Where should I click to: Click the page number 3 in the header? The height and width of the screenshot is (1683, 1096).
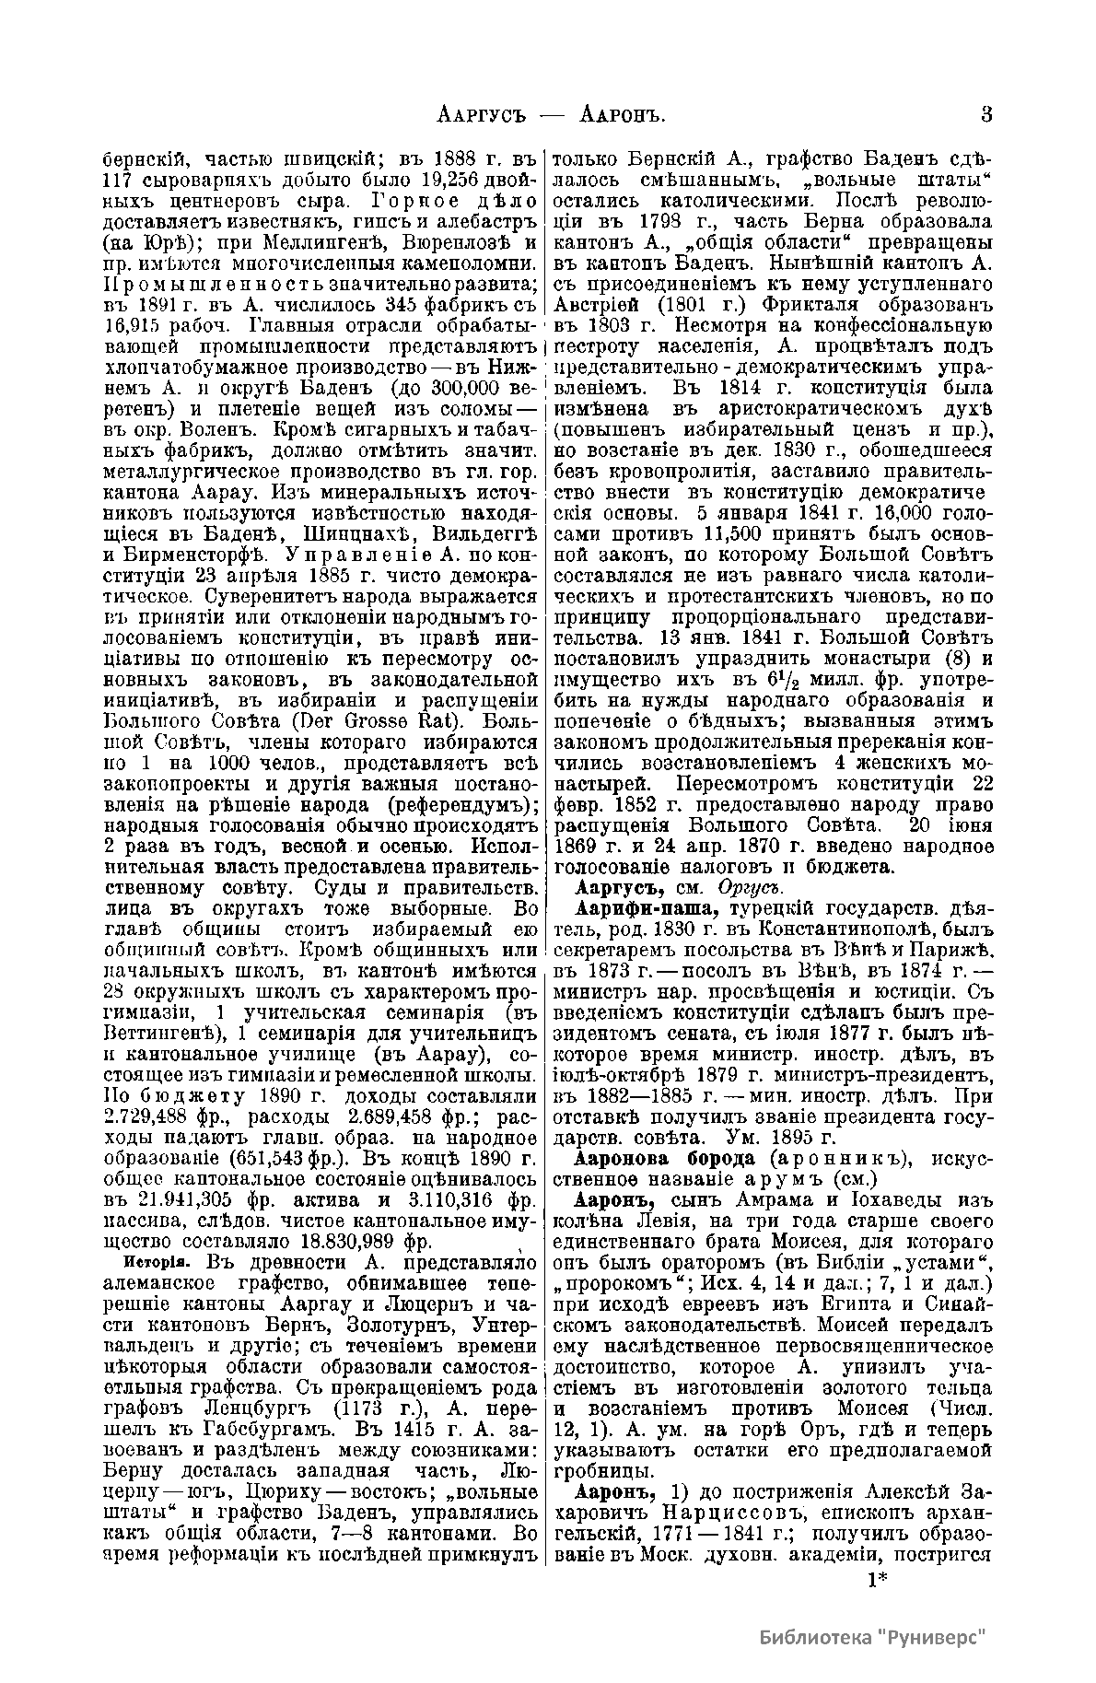(x=986, y=116)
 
